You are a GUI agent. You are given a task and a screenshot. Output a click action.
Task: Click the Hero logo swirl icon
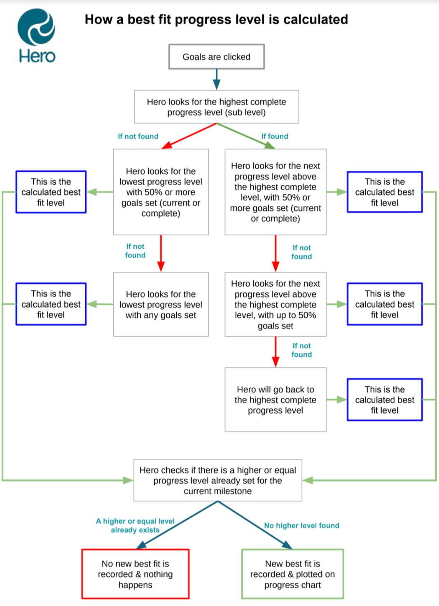click(x=36, y=27)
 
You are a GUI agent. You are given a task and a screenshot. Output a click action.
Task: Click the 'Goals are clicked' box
click(x=216, y=57)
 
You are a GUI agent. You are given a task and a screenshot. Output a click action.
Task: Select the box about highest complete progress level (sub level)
click(x=216, y=107)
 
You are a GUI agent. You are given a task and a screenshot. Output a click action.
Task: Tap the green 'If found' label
click(x=275, y=136)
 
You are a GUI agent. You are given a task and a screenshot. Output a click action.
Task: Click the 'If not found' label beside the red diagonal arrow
click(x=138, y=136)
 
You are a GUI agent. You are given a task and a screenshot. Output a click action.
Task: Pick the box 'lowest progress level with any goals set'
click(x=161, y=305)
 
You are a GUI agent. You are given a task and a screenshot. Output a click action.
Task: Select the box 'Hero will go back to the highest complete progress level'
click(x=275, y=400)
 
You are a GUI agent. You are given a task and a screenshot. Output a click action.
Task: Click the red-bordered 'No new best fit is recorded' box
click(x=135, y=574)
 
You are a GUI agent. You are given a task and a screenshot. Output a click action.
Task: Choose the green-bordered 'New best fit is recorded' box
click(x=292, y=574)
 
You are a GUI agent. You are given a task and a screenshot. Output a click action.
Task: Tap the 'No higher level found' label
click(x=301, y=525)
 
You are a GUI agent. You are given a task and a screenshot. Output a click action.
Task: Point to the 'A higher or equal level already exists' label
click(x=135, y=525)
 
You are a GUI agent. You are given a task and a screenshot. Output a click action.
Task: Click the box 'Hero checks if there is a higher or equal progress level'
click(x=217, y=480)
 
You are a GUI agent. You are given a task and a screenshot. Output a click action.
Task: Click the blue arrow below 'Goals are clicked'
click(x=216, y=79)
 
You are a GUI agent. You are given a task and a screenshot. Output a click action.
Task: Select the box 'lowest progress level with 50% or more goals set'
click(x=161, y=192)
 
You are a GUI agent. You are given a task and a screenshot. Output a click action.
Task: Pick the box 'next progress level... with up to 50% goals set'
click(x=275, y=305)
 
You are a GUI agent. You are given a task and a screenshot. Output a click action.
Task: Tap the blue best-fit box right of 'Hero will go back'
click(x=384, y=400)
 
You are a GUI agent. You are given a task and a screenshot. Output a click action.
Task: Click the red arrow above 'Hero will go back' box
click(x=276, y=352)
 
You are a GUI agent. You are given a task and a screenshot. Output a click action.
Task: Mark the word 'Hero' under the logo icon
click(x=37, y=56)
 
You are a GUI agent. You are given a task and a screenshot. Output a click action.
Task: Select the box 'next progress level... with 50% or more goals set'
click(x=275, y=192)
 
